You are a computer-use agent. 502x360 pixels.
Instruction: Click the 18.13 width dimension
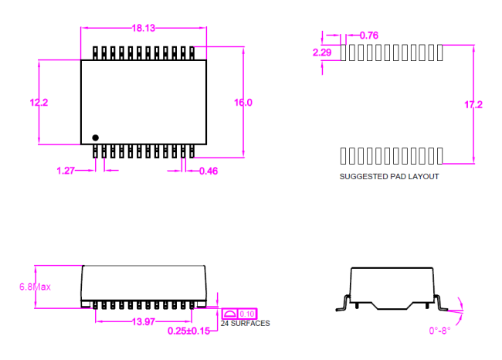[144, 29]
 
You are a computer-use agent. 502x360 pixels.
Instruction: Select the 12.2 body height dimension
[39, 103]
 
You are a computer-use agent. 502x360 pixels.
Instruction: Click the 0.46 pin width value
[208, 171]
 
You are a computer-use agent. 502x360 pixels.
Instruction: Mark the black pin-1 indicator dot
[96, 138]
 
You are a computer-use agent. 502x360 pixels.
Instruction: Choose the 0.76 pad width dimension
[369, 35]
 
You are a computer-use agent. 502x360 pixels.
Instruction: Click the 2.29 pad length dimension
[322, 53]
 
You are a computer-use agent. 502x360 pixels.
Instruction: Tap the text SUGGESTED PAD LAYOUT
[389, 177]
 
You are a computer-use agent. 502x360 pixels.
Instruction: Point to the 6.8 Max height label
[35, 287]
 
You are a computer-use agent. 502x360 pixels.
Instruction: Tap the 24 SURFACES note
[245, 324]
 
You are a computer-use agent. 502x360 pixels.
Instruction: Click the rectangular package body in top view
[144, 100]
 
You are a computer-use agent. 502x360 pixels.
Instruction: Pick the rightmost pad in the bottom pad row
[439, 155]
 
